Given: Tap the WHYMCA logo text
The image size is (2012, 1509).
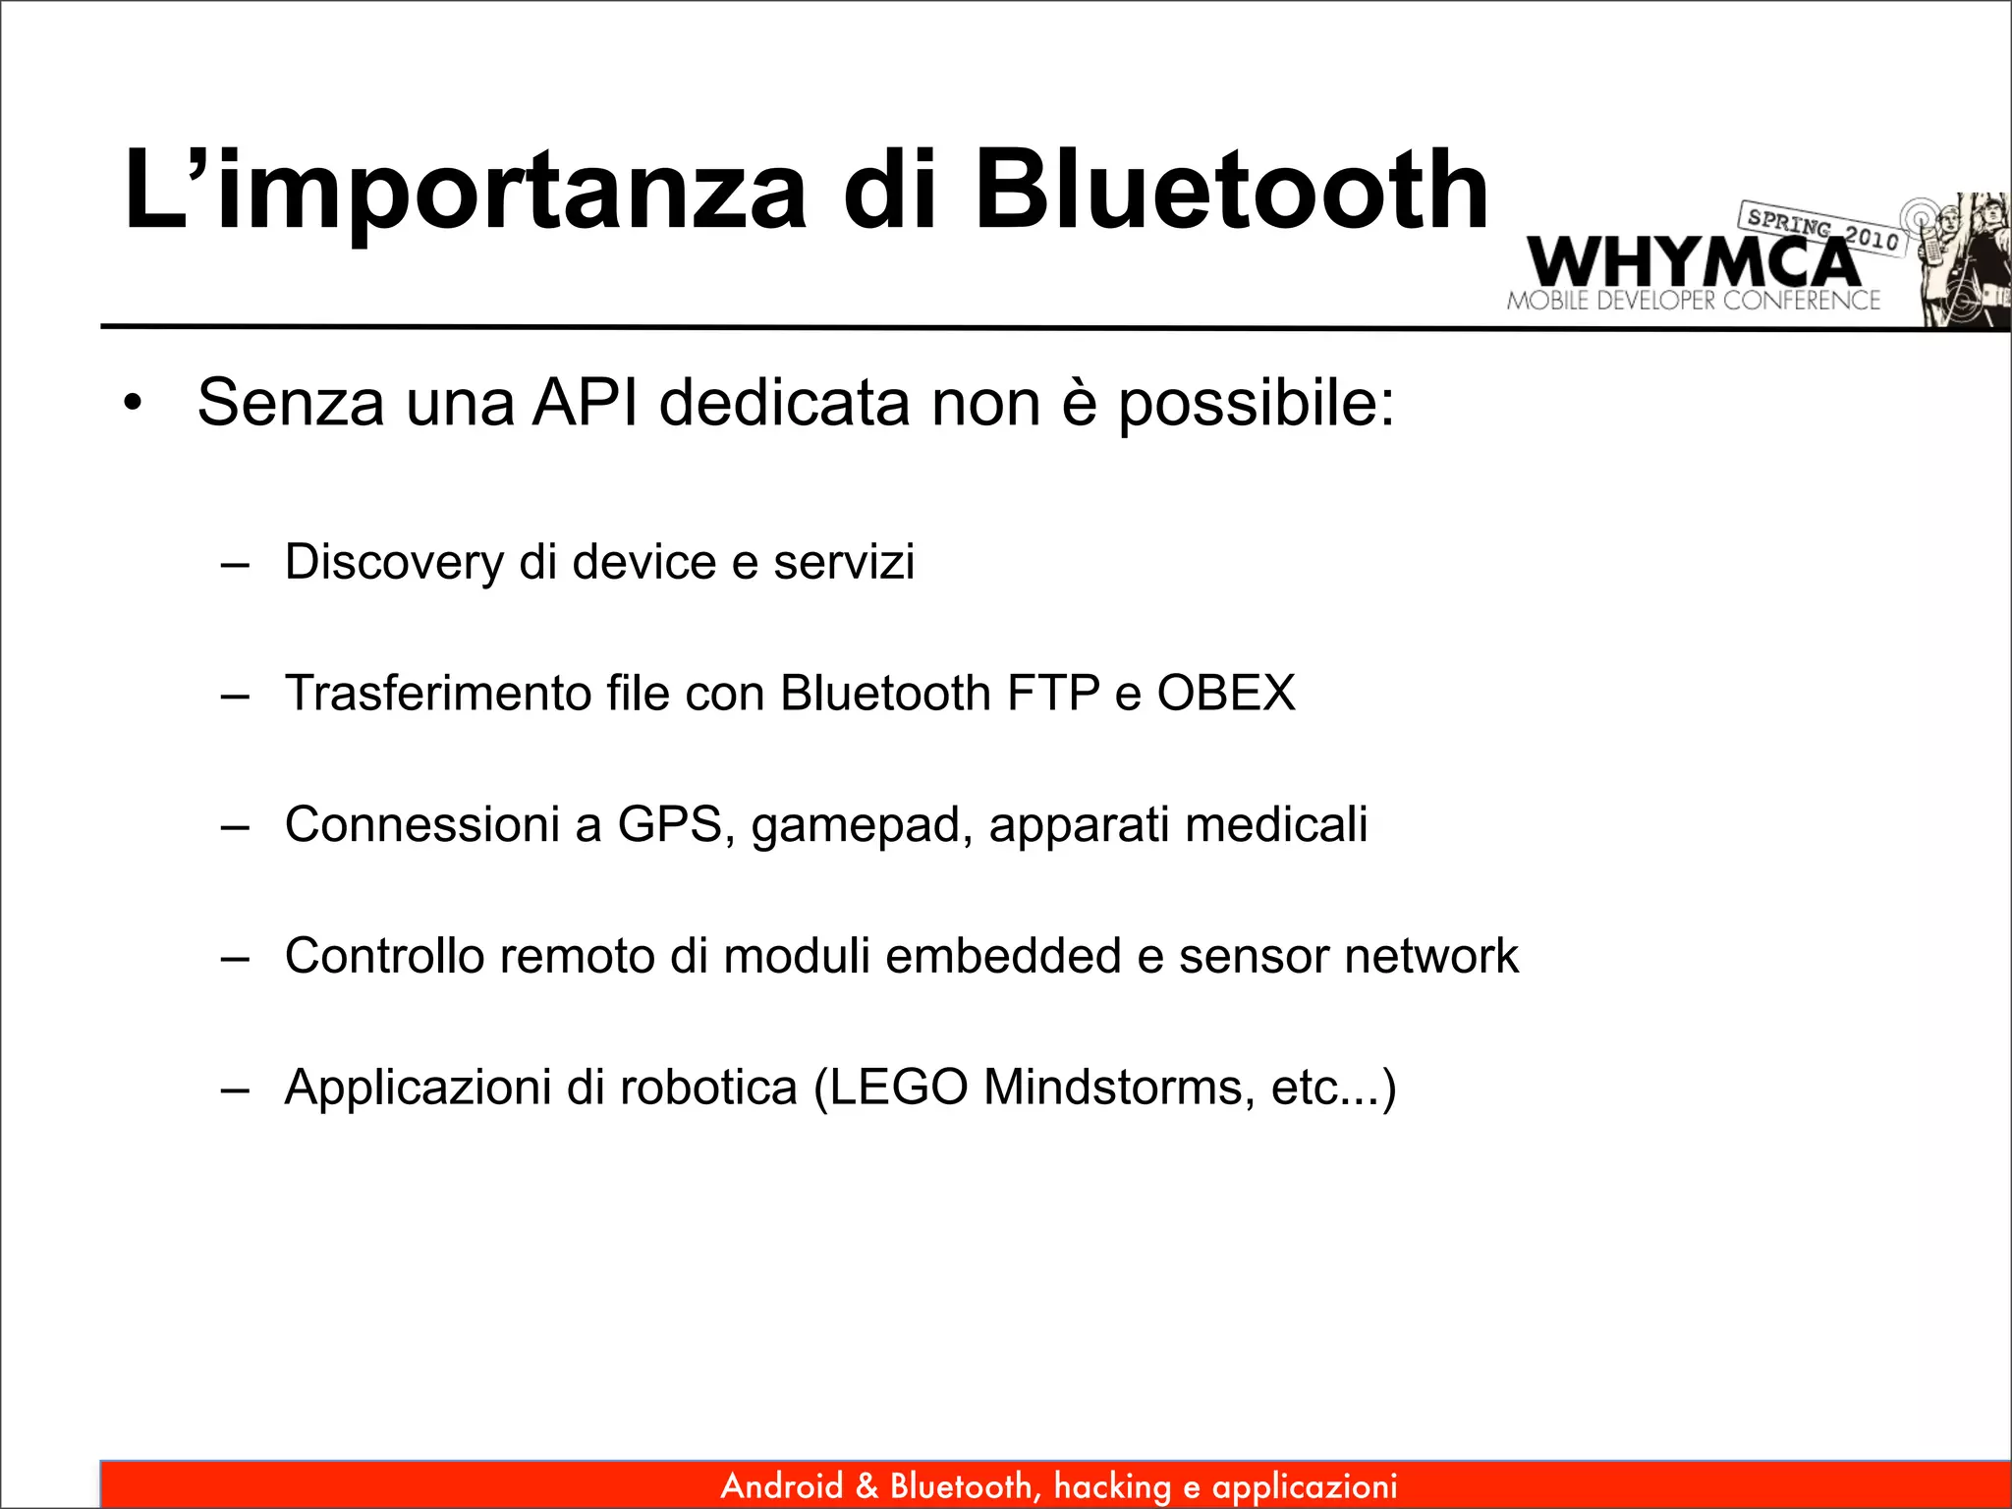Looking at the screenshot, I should pyautogui.click(x=1692, y=262).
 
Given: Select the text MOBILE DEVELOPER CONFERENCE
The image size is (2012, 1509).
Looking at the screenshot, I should pyautogui.click(x=1693, y=301).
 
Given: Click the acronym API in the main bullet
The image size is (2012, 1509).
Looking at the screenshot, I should pyautogui.click(x=586, y=402).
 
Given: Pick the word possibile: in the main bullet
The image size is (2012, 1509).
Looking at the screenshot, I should pyautogui.click(x=1257, y=404).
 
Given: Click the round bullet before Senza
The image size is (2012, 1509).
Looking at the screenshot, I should pyautogui.click(x=134, y=404).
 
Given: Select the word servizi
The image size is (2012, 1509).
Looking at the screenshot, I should pyautogui.click(x=844, y=562).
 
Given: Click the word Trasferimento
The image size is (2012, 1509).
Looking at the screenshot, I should pyautogui.click(x=438, y=694).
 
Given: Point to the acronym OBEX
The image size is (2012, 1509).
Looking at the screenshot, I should pyautogui.click(x=1226, y=694).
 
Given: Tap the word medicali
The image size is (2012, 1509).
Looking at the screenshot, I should pyautogui.click(x=1276, y=824).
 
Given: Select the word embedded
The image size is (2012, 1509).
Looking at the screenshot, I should pyautogui.click(x=1003, y=956).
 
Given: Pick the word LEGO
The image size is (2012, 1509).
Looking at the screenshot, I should pyautogui.click(x=901, y=1088).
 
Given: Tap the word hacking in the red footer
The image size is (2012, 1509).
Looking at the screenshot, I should pyautogui.click(x=1112, y=1486).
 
